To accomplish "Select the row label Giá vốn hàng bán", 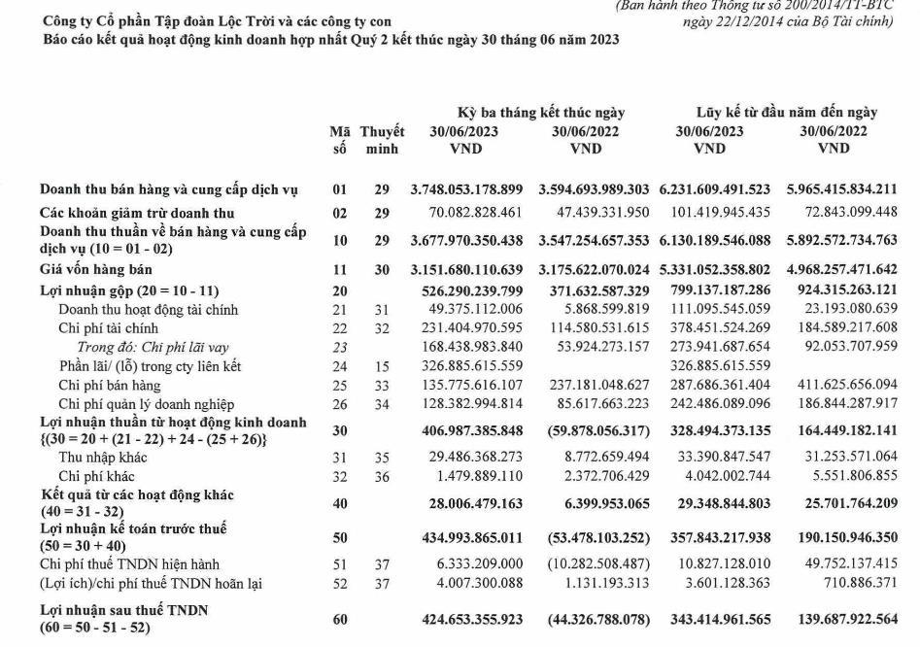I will [x=97, y=268].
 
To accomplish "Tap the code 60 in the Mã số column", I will [x=339, y=619].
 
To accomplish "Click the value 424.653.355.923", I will [x=466, y=619].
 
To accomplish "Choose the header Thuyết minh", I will [x=382, y=140].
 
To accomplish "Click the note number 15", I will [x=382, y=366].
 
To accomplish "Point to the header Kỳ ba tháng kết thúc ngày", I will [x=541, y=113].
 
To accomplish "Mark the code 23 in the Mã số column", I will [x=339, y=347].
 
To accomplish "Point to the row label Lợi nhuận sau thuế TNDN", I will [x=125, y=610].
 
